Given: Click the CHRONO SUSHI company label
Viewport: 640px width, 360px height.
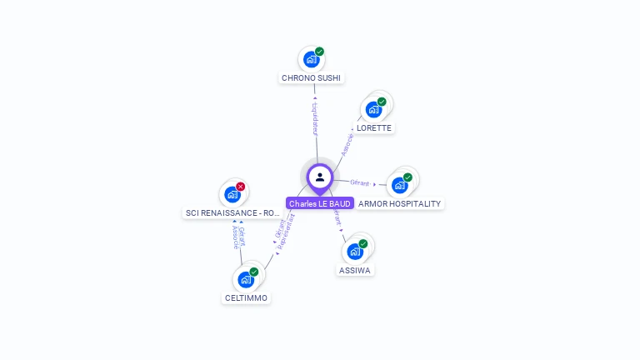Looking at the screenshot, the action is point(311,77).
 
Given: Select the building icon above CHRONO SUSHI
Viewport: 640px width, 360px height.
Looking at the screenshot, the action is point(311,59).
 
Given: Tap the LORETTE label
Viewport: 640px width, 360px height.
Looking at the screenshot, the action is point(373,127).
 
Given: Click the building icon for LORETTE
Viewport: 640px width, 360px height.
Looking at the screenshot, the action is point(374,109).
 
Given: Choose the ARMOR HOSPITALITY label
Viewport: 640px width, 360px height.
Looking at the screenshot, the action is point(399,203).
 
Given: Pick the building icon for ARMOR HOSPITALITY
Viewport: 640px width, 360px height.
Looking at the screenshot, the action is point(400,184).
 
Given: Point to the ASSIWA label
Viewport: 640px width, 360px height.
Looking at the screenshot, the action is point(356,270).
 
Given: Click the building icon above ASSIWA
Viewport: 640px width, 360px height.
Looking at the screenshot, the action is point(355,251).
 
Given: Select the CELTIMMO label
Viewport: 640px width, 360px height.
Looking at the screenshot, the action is point(247,297).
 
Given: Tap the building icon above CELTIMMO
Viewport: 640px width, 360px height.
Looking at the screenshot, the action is point(246,279).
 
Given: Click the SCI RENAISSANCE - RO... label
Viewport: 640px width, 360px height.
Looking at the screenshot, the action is point(232,213).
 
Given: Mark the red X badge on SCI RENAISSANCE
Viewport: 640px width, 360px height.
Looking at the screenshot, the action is point(241,187).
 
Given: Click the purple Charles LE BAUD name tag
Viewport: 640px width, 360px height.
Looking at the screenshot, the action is point(320,203).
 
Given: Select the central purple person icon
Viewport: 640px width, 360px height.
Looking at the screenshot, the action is point(320,177).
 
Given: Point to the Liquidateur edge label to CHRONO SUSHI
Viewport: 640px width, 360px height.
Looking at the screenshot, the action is point(315,119).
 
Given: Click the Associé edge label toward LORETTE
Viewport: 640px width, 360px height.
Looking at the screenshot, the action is point(347,143).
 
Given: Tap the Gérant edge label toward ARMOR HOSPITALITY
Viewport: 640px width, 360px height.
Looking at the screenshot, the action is point(360,182).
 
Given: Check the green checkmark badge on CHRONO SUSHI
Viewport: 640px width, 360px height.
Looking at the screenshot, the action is point(319,52).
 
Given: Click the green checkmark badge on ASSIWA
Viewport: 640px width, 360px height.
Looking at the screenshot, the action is point(363,243).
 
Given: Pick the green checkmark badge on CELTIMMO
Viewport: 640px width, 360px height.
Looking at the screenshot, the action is point(254,272).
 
